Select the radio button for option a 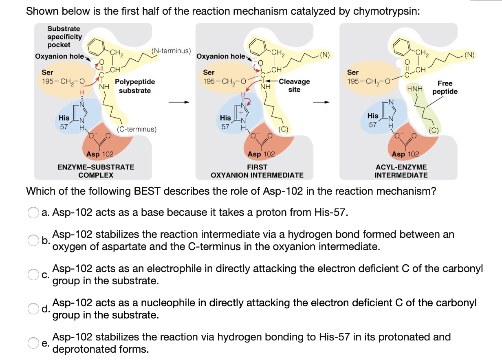tap(33, 213)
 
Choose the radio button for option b tap(33, 241)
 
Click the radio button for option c tap(33, 275)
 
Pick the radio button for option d tap(33, 309)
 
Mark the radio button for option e tap(33, 343)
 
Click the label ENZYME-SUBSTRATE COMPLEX tap(96, 171)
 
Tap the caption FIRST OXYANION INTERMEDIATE tap(257, 171)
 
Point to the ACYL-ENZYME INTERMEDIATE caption tap(401, 171)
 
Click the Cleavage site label tap(295, 85)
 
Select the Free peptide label tap(445, 88)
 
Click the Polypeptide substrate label tap(135, 86)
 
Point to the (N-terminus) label tap(171, 51)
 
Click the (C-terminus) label tap(137, 130)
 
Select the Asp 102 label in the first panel tap(100, 154)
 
